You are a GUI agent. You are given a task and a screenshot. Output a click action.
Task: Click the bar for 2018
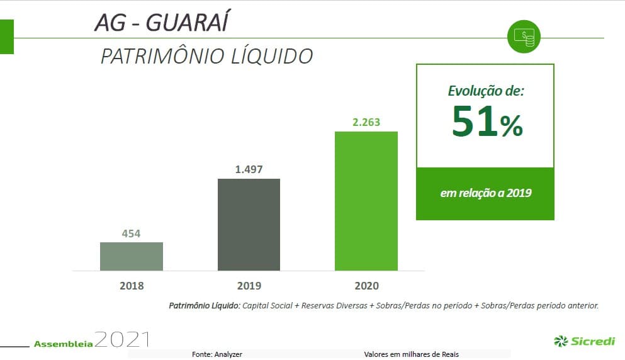pos(132,256)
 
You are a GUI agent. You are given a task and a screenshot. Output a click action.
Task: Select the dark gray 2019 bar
pos(249,225)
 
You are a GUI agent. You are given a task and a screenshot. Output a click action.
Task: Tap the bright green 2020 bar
pos(366,201)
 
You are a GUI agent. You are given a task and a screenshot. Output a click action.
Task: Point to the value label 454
pos(131,234)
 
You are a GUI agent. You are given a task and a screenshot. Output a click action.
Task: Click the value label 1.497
pos(249,169)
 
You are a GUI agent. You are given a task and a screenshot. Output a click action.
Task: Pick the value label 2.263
pos(366,122)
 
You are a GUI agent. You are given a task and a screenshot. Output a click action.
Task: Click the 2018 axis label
pos(132,286)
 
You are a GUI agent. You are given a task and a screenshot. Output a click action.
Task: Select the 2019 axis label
pos(249,286)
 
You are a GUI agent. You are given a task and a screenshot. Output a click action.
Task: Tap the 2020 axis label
pos(366,286)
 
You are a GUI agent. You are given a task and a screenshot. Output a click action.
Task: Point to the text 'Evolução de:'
pos(486,91)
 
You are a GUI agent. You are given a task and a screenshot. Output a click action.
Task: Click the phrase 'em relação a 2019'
pos(485,193)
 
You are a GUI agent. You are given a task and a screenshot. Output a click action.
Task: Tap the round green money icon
pos(524,38)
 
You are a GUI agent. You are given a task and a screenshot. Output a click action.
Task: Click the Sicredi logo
pos(585,341)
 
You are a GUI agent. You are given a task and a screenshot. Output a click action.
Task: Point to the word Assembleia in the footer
pos(64,344)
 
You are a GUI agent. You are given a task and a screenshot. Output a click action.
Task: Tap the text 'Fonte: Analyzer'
pos(217,354)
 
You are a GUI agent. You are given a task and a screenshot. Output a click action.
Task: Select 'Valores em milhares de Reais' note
pos(412,354)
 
